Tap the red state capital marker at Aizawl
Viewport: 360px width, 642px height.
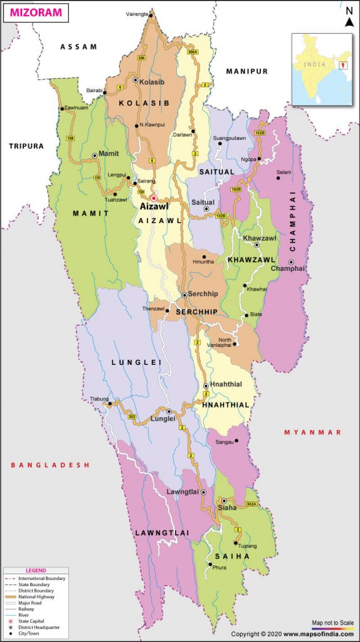[x=154, y=198]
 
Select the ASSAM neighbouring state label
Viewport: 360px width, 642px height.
[x=78, y=46]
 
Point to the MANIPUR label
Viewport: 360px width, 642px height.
[x=247, y=71]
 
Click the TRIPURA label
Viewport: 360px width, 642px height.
[x=26, y=146]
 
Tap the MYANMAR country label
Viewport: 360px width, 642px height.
[x=312, y=433]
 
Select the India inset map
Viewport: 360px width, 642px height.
[x=322, y=69]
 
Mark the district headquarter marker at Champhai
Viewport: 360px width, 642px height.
[x=292, y=262]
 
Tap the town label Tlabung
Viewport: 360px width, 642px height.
[x=99, y=399]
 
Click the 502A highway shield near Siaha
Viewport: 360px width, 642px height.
[x=251, y=504]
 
